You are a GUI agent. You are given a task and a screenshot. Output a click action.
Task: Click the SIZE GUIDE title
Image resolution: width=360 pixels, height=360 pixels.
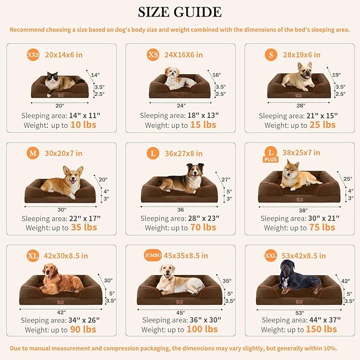(x=180, y=12)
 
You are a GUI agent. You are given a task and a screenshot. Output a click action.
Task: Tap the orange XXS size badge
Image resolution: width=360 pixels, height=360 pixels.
(x=33, y=55)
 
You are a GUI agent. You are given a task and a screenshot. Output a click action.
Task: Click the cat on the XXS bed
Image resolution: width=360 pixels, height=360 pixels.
(x=58, y=83)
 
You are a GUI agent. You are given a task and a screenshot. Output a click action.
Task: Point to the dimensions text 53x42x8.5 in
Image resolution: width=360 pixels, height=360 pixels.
(x=304, y=256)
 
